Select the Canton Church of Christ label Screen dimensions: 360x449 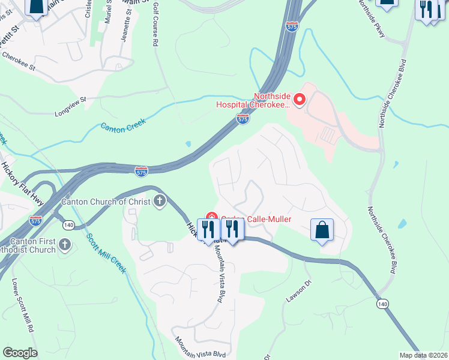tap(107, 202)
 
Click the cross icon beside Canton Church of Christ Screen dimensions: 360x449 tap(160, 201)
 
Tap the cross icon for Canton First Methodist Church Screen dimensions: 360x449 tap(65, 245)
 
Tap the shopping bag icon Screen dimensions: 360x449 tap(322, 229)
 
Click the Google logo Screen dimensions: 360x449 tap(20, 353)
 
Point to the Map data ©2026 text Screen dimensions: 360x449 tap(424, 355)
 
